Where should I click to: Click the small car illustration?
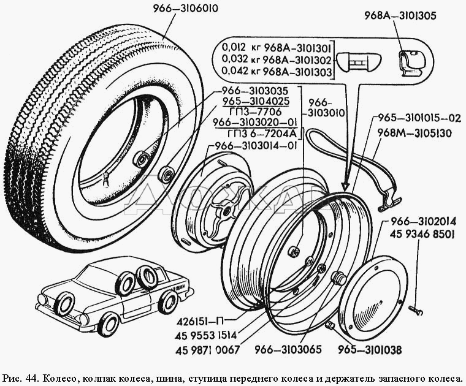click(x=114, y=294)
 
